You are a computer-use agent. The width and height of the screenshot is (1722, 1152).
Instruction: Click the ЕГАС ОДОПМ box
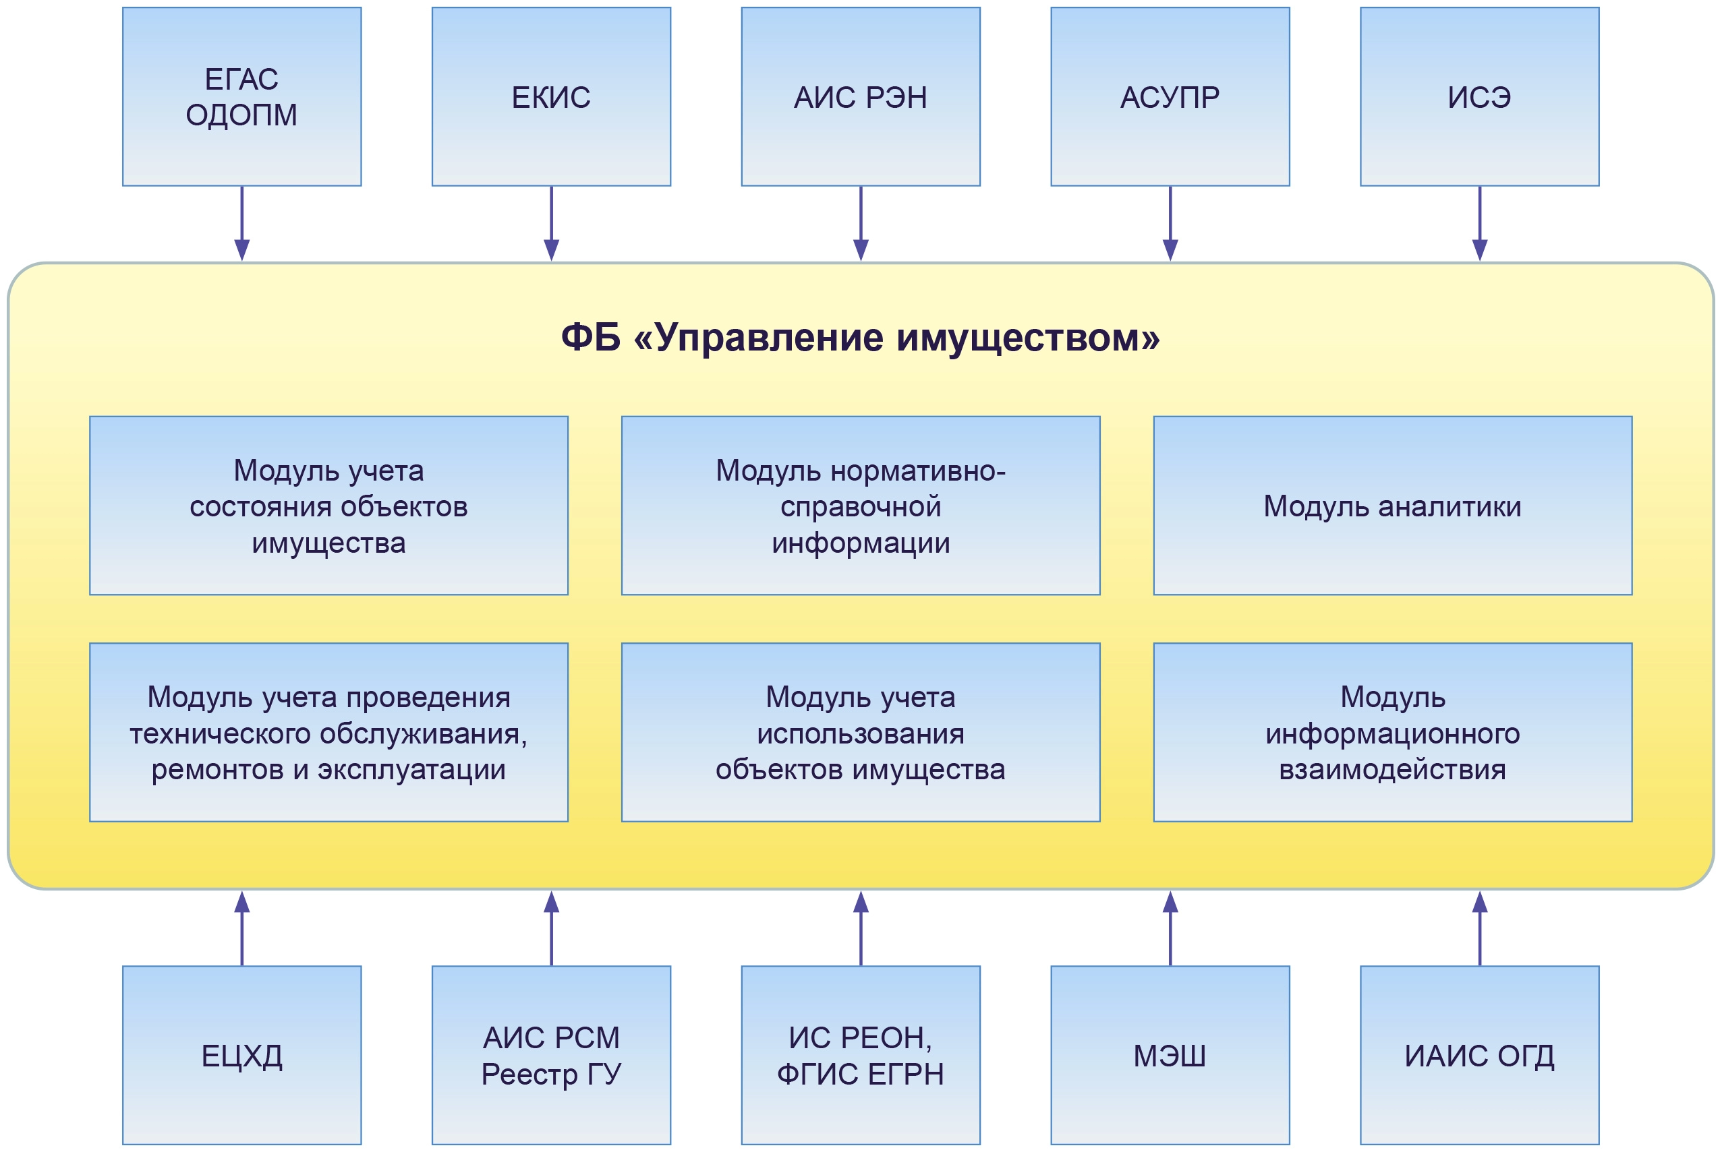[241, 96]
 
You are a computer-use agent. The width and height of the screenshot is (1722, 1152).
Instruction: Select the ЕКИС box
[551, 96]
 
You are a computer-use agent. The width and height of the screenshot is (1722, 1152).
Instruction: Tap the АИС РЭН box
[861, 96]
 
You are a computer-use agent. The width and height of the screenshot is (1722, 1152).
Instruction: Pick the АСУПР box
[1170, 96]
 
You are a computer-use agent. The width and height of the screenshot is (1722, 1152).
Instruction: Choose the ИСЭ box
[1479, 96]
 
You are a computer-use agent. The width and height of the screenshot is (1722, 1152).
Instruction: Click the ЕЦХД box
[241, 1055]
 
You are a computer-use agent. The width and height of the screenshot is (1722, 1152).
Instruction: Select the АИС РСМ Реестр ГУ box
[551, 1055]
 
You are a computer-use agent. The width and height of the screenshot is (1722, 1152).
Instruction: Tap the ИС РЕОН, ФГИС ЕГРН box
[861, 1055]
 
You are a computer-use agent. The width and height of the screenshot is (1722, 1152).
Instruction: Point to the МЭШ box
[1170, 1055]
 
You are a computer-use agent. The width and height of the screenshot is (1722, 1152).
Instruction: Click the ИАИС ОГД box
[1479, 1055]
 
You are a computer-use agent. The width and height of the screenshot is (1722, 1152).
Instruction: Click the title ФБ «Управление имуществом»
[861, 338]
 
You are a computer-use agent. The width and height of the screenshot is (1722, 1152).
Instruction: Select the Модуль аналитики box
[1393, 506]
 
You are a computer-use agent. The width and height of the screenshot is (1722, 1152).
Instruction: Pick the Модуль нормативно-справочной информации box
[861, 506]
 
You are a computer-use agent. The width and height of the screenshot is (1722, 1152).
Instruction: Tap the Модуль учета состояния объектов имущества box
[328, 506]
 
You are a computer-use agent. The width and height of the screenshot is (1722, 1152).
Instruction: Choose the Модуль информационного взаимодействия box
[1393, 733]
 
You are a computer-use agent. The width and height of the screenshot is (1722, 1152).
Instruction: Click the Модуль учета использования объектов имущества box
[861, 733]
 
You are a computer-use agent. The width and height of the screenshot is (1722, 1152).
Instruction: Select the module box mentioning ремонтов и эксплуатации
[328, 733]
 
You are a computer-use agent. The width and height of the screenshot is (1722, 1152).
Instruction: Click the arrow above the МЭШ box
[1170, 929]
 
